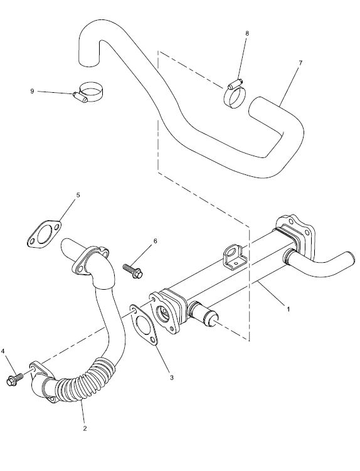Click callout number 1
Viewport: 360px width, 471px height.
pos(288,309)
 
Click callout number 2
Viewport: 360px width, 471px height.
pos(85,428)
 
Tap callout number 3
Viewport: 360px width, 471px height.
pos(172,378)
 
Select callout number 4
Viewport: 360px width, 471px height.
pos(3,351)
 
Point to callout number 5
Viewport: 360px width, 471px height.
pos(78,195)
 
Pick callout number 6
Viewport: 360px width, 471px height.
pos(155,241)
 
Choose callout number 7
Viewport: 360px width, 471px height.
pos(300,63)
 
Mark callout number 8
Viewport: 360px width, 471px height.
pos(247,33)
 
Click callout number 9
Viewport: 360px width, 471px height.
pos(32,91)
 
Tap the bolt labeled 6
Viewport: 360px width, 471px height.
pos(133,270)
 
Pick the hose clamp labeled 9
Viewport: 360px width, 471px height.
pos(88,92)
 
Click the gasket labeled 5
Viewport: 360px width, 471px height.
pos(44,235)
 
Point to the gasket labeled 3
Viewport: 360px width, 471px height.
pos(144,325)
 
